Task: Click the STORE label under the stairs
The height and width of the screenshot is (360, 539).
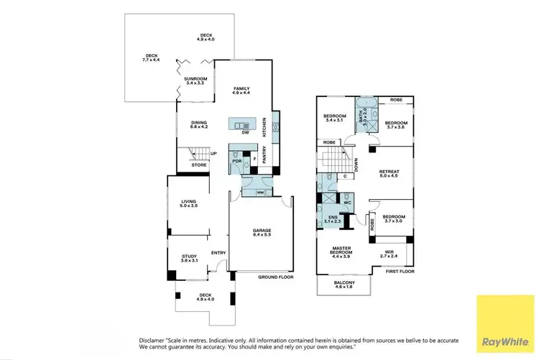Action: pyautogui.click(x=199, y=165)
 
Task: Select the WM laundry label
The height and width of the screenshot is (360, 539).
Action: pyautogui.click(x=260, y=193)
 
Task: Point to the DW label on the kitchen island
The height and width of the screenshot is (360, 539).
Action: pyautogui.click(x=245, y=133)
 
